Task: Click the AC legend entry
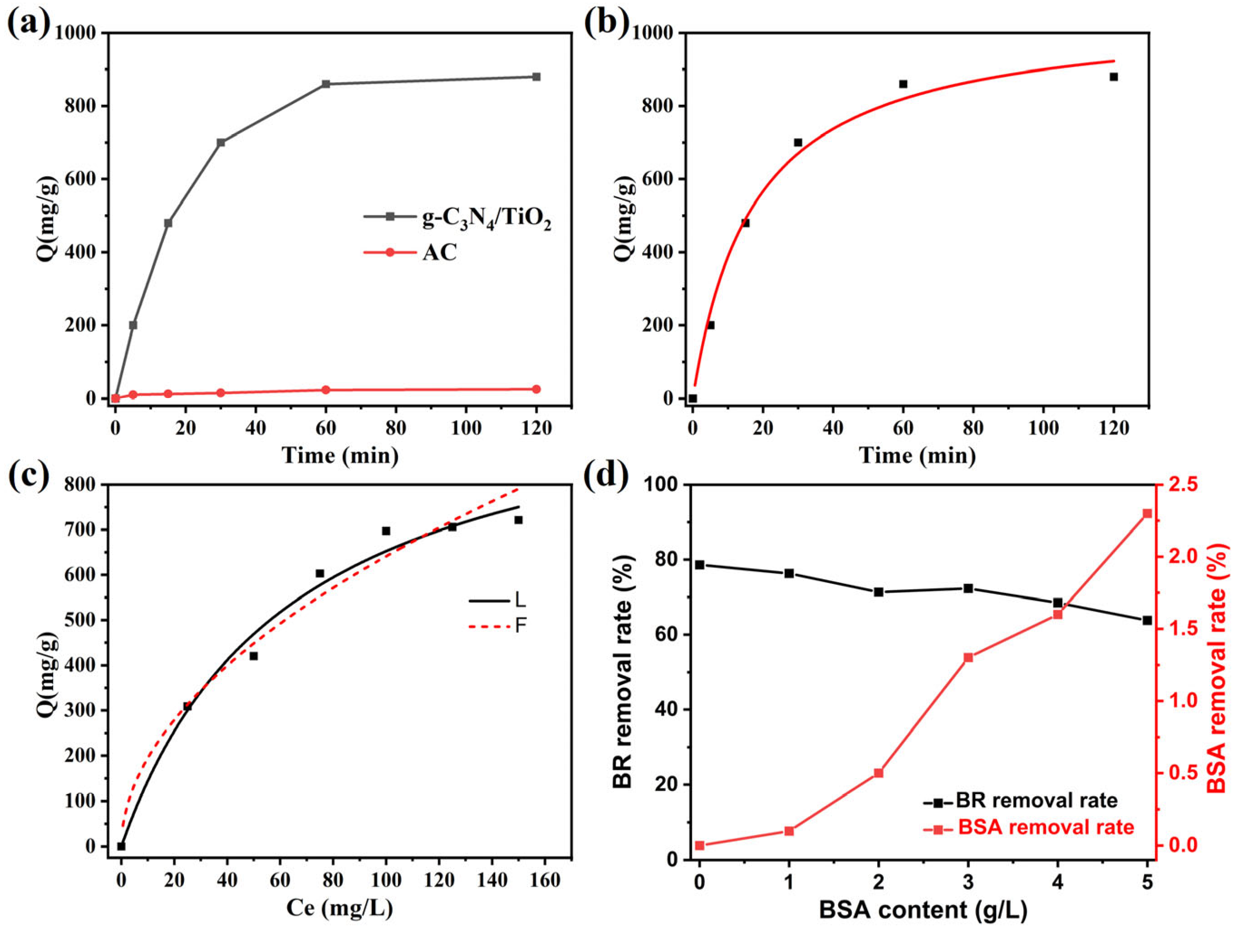point(439,252)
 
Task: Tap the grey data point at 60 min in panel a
point(326,84)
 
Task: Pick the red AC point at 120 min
point(536,389)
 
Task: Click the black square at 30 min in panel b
point(798,142)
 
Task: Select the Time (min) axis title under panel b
point(918,455)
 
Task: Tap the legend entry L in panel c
point(520,601)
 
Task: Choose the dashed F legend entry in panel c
point(520,626)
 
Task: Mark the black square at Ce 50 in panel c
point(254,656)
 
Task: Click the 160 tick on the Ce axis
point(545,880)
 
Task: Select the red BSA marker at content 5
point(1147,513)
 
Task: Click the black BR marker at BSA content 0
point(700,564)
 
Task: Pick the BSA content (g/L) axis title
point(924,910)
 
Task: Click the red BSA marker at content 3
point(968,657)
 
